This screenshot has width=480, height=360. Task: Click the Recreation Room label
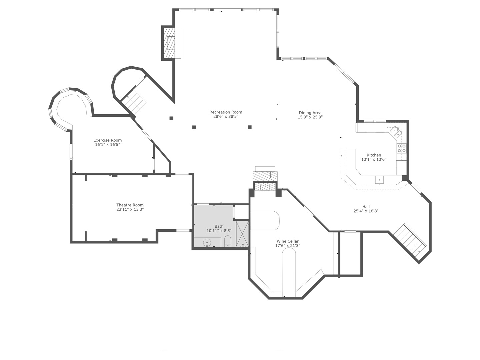[x=226, y=112]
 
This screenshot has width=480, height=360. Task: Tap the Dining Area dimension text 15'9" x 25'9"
[x=310, y=117]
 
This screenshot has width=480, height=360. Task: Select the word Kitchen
[x=374, y=155]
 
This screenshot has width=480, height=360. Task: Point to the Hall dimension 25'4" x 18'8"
[x=366, y=211]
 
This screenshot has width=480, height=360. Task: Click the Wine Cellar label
[x=287, y=241]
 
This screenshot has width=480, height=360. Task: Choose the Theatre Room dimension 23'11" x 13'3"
[x=130, y=209]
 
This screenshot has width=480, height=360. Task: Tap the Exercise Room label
[x=107, y=140]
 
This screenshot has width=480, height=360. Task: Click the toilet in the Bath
[x=228, y=241]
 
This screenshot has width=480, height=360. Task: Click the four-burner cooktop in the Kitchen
[x=401, y=148]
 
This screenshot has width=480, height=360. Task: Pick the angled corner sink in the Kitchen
[x=396, y=131]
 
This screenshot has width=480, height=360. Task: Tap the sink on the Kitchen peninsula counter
[x=379, y=180]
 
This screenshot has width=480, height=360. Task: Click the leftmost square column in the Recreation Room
[x=171, y=118]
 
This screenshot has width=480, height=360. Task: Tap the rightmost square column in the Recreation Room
[x=249, y=127]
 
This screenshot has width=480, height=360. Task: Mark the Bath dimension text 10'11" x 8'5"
[x=219, y=231]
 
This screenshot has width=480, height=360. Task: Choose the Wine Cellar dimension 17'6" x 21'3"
[x=287, y=246]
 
